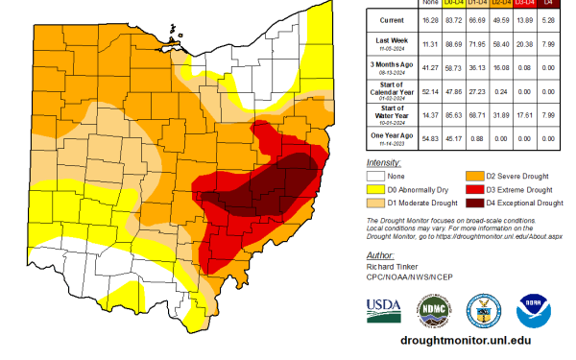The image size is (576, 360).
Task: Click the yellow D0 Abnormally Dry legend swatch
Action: point(377,190)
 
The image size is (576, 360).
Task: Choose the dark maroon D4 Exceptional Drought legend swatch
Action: point(473,203)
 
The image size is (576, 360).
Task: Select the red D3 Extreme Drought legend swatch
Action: point(473,190)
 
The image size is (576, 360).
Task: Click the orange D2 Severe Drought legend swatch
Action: point(473,177)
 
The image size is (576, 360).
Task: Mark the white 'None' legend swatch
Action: point(377,177)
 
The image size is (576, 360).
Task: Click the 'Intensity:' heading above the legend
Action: point(385,163)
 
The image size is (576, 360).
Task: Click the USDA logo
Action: point(384,309)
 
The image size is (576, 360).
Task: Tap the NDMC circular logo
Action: point(433,309)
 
